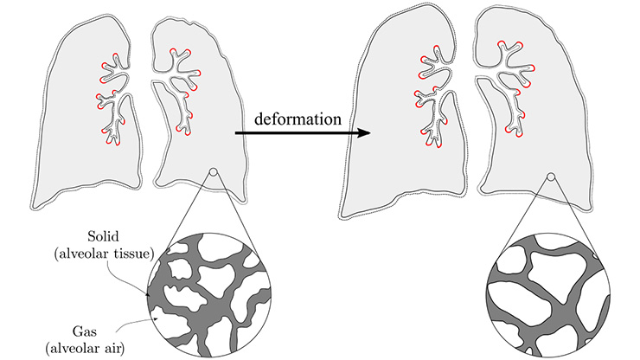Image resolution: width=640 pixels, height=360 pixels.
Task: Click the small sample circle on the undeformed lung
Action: (212, 177)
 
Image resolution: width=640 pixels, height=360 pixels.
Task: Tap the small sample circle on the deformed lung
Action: (551, 177)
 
